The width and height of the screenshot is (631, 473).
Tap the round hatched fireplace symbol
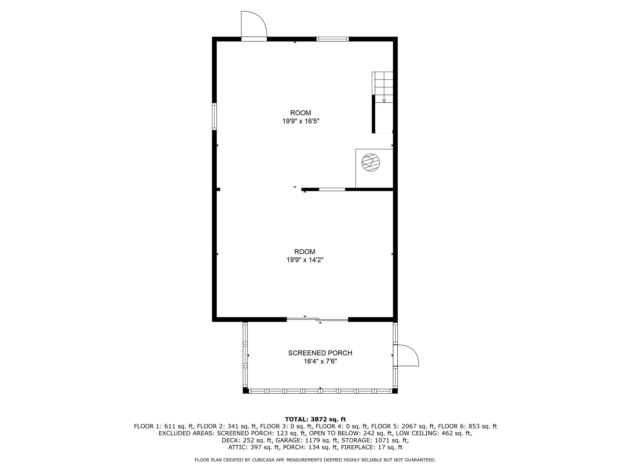click(x=371, y=163)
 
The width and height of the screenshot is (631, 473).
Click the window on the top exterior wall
click(x=333, y=39)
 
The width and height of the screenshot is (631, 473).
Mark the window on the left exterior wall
click(x=214, y=117)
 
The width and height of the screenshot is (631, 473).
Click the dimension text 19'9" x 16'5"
click(x=301, y=121)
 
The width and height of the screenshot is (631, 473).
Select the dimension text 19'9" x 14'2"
click(x=305, y=260)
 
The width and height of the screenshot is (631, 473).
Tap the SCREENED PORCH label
click(x=320, y=353)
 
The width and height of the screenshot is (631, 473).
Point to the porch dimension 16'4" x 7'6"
click(x=320, y=361)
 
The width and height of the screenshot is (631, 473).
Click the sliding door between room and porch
click(x=317, y=319)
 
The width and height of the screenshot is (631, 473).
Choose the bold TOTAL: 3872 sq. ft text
click(x=315, y=419)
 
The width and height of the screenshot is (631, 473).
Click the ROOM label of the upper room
click(x=301, y=113)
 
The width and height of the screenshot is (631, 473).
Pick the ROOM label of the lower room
click(x=305, y=252)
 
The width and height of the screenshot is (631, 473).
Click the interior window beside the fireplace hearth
click(x=332, y=189)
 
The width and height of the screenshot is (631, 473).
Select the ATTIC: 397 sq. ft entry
click(x=254, y=447)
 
